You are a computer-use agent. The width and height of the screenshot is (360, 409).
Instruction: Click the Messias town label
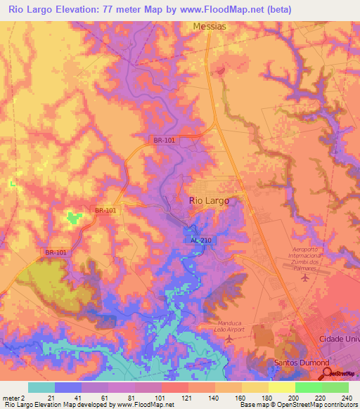[x=209, y=26]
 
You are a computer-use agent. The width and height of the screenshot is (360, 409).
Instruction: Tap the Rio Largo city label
[x=209, y=200]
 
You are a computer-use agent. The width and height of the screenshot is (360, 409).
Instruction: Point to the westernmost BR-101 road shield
[x=56, y=253]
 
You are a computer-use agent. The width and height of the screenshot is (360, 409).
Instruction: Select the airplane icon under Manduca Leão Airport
[x=230, y=340]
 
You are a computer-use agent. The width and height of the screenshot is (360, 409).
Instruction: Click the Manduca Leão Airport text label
[x=230, y=327]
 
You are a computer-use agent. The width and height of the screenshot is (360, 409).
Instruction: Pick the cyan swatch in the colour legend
[x=41, y=387]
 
